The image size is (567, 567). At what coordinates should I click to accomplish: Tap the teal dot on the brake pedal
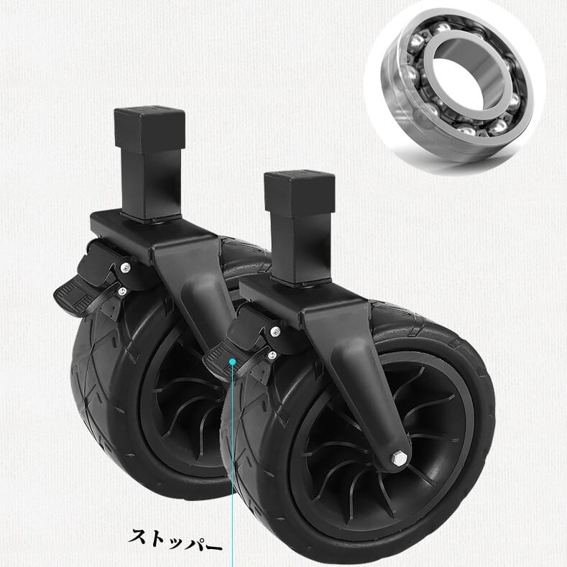(x=233, y=361)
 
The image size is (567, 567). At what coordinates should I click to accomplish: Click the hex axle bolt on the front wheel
(x=397, y=458)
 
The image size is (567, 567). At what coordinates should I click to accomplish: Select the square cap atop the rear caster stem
(x=149, y=129)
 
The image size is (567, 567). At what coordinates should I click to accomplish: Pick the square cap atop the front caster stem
(x=300, y=193)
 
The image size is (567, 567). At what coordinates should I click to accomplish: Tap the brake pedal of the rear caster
(x=78, y=295)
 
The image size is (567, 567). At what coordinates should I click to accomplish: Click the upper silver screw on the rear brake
(x=126, y=267)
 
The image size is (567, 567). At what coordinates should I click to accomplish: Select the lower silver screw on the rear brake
(x=123, y=290)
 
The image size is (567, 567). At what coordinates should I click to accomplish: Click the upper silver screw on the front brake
(x=275, y=331)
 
